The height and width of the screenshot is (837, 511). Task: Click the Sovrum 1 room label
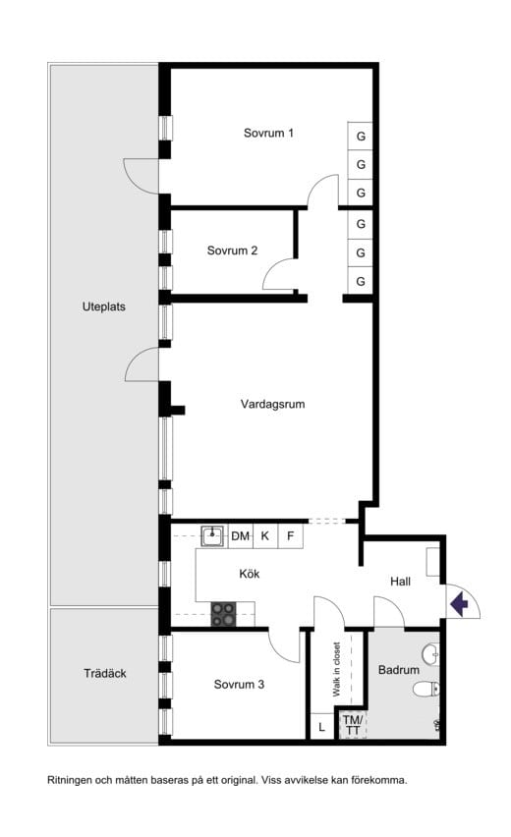tap(268, 133)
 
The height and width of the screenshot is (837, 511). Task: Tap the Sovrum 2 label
tap(232, 251)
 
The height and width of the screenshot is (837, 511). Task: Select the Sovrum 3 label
tap(239, 685)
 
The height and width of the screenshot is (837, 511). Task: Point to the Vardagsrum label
tap(272, 404)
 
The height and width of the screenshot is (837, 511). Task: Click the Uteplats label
tap(103, 307)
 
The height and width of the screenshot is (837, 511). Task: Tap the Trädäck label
tap(104, 674)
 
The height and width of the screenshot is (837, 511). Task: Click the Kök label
tap(250, 574)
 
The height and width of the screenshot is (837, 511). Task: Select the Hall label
tap(400, 582)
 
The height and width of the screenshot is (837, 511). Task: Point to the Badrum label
tap(398, 669)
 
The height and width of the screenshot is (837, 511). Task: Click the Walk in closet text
tap(336, 669)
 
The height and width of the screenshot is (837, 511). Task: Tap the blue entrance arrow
tap(459, 604)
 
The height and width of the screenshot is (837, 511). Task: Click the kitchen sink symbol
tap(213, 535)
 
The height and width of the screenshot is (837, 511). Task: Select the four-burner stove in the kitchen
tap(223, 614)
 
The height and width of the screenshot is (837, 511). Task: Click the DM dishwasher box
tap(241, 536)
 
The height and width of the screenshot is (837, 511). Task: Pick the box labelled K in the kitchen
tap(265, 536)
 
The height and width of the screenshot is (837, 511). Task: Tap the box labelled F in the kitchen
tap(291, 536)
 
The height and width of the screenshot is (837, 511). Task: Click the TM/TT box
tap(353, 725)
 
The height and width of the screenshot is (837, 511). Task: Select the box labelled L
tap(321, 727)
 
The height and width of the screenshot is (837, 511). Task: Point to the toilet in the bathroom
tap(426, 689)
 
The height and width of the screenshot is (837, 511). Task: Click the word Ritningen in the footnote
tap(70, 780)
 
